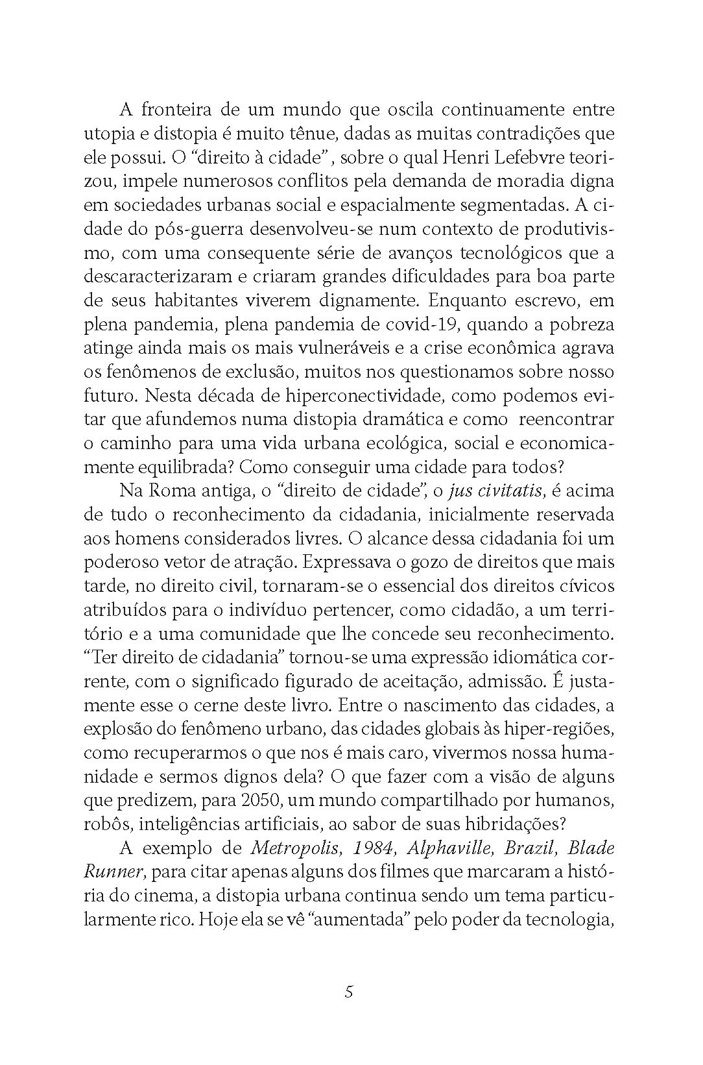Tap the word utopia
(x=107, y=135)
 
